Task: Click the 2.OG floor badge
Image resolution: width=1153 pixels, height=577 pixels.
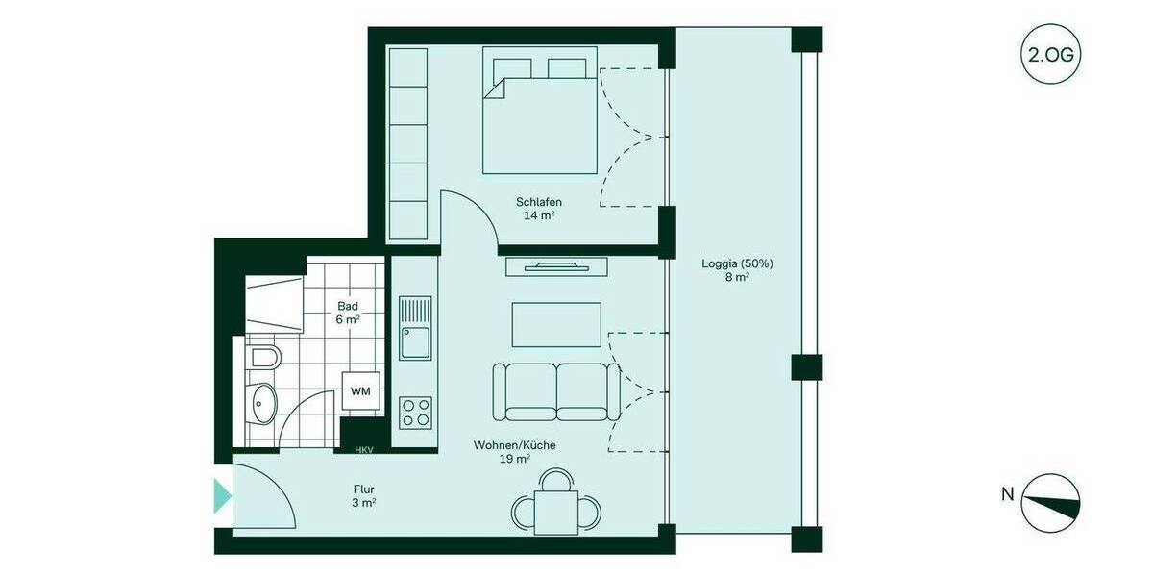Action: coord(1050,54)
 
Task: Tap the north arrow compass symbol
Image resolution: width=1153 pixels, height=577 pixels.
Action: coord(1050,502)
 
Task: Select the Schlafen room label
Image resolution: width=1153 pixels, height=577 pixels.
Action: coord(538,209)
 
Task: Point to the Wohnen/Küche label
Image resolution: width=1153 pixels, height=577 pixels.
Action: coord(514,452)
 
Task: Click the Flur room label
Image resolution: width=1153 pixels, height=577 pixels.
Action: coord(363,494)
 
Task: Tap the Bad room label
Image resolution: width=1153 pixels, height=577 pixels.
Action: coord(348,313)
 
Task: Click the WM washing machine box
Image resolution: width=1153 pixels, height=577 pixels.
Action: coord(360,390)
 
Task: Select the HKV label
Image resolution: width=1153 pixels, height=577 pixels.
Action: coord(363,449)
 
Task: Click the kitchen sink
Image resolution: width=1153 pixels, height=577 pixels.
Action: coord(416,327)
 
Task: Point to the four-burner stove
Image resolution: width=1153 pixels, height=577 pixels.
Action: coord(416,413)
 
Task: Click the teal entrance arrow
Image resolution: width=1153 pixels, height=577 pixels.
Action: coord(222,495)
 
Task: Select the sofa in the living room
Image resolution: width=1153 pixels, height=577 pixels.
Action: coord(556,391)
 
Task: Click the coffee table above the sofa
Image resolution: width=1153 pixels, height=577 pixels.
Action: coord(556,324)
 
